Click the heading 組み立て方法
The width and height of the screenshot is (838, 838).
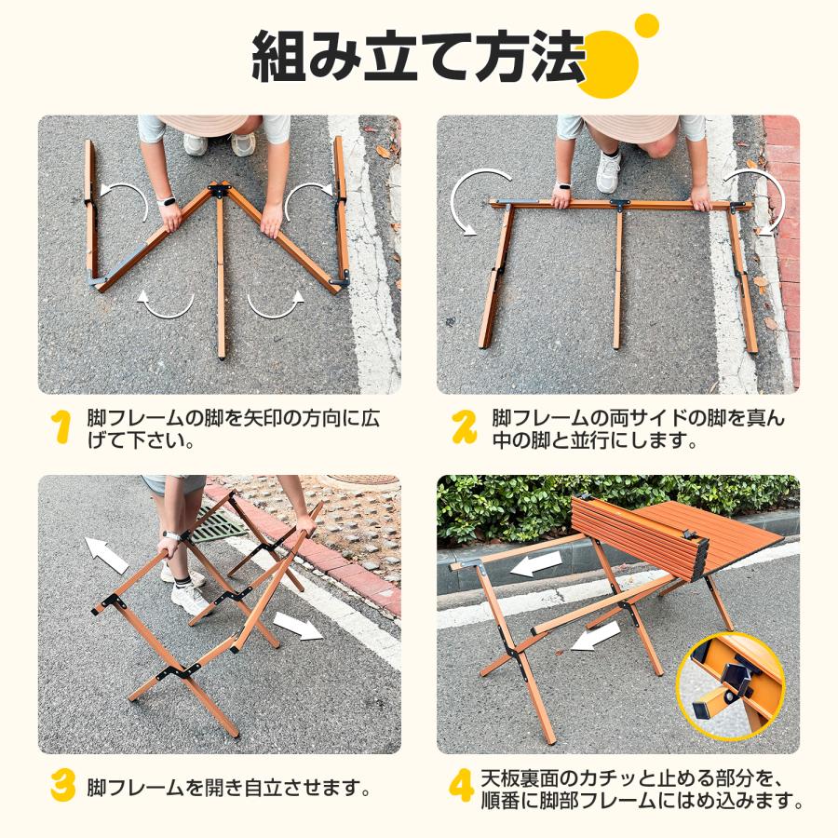[419, 58]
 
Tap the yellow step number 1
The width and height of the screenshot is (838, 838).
[61, 427]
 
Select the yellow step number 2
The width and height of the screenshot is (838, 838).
[463, 427]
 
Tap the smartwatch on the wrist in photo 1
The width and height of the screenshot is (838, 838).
[168, 200]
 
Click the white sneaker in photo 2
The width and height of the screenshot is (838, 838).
[608, 171]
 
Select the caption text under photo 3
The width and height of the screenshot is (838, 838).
[229, 788]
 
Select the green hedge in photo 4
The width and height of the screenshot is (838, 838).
[521, 507]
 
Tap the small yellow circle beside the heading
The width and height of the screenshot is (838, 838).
[645, 25]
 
